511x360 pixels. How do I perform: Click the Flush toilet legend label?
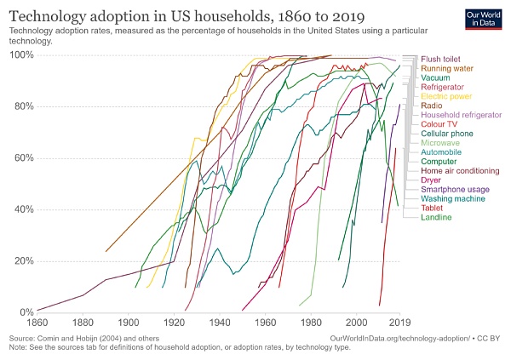[440, 60]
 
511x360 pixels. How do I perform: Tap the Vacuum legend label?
[435, 78]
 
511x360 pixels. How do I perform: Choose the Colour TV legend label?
[439, 124]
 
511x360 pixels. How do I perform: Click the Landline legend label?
[436, 217]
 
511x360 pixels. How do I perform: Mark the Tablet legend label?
[432, 208]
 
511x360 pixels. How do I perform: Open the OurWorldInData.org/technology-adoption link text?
[398, 338]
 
